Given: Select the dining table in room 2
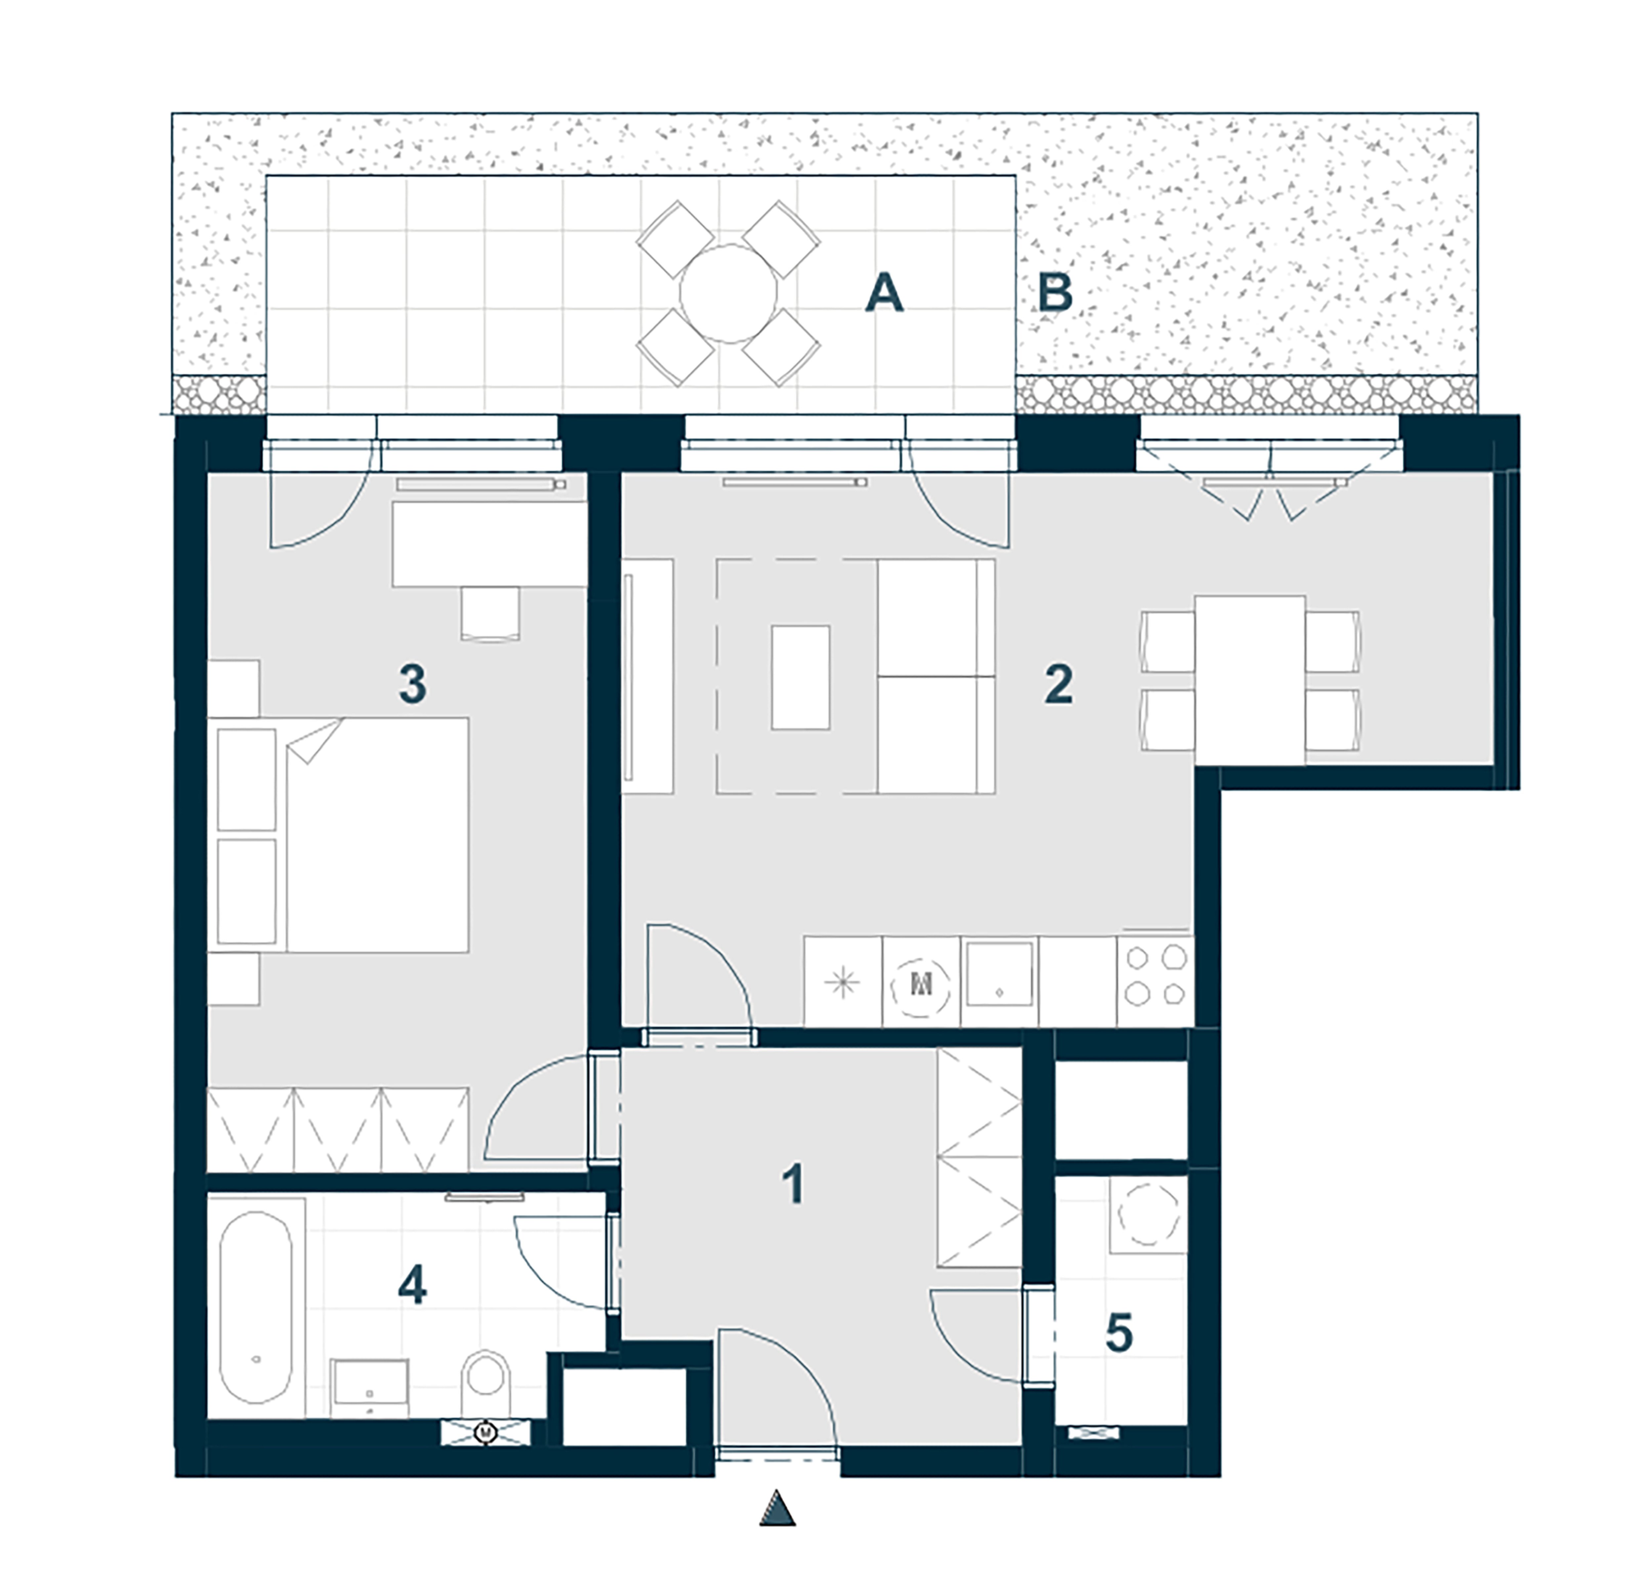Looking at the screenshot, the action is (x=1249, y=680).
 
